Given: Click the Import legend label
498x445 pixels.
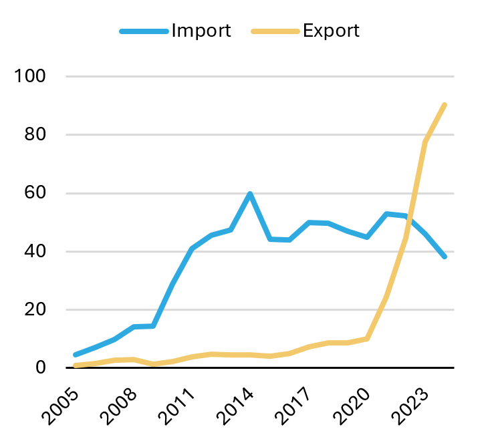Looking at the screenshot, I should click(201, 31).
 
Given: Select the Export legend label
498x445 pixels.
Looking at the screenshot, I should click(331, 31).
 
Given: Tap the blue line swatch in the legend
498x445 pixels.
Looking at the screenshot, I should click(143, 31).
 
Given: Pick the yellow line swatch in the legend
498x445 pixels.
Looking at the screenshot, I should click(274, 31).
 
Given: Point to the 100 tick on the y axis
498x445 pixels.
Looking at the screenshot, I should click(31, 76).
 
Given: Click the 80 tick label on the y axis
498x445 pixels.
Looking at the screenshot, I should click(35, 135).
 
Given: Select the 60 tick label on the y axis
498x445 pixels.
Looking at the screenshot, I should click(35, 193).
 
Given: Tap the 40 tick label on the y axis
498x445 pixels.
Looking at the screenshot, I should click(35, 252).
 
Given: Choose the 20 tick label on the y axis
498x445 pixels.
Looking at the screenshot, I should click(35, 310).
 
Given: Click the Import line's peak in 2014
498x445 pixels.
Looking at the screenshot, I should click(250, 194).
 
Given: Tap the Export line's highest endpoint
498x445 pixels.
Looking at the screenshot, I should click(445, 105).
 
